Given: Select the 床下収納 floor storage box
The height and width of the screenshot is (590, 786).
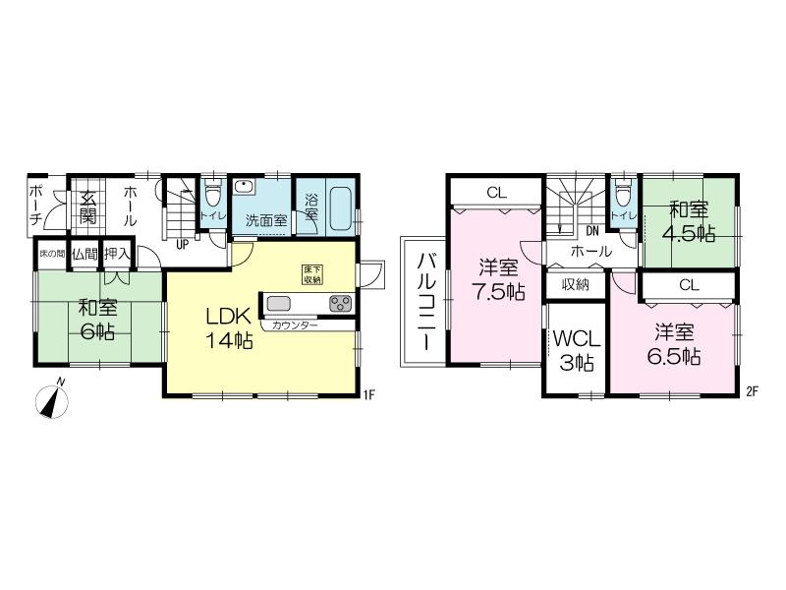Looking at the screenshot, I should tap(312, 274).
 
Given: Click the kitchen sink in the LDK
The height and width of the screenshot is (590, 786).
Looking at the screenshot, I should tap(279, 303).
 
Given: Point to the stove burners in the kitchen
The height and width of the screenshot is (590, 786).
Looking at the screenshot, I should tap(340, 303).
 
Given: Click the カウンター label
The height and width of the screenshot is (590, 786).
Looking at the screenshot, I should tap(295, 324).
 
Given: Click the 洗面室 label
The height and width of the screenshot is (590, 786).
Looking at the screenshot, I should tap(265, 219).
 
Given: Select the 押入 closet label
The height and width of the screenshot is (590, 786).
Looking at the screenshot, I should tap(118, 254).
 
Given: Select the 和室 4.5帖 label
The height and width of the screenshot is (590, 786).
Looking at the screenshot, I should tap(689, 221).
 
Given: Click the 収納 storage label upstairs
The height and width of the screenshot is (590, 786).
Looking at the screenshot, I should tap(576, 284).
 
